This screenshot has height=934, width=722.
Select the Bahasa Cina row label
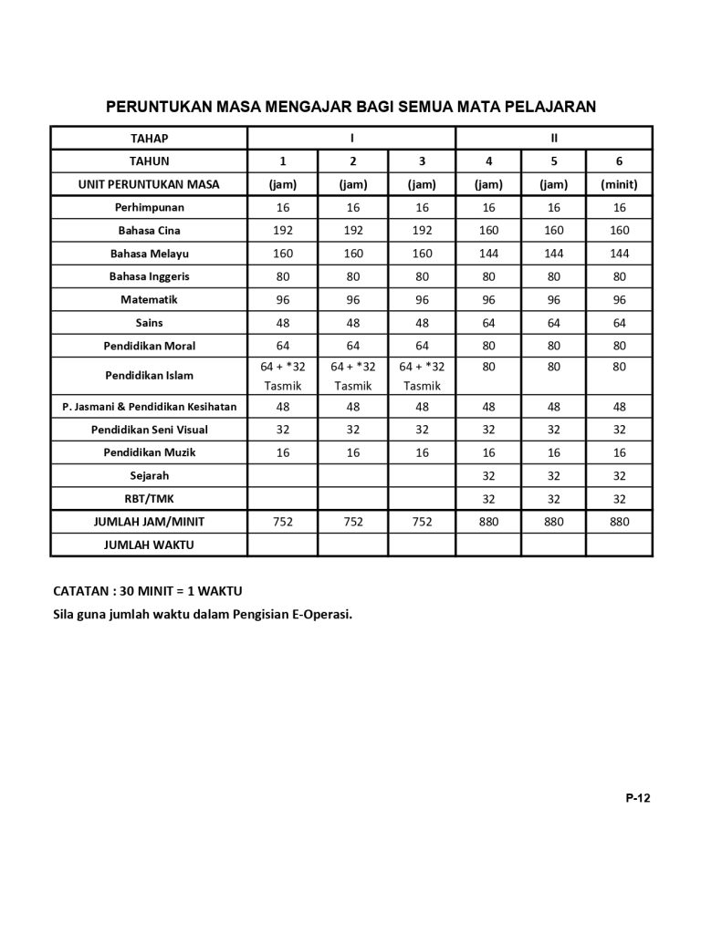pos(149,231)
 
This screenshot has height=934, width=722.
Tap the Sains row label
pos(149,323)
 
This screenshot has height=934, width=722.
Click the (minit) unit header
pos(620,184)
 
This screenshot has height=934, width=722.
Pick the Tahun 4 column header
pos(489,161)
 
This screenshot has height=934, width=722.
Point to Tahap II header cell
pos(554,139)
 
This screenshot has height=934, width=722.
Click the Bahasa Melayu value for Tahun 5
pos(554,254)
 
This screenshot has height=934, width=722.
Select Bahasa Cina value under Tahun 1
pos(283,231)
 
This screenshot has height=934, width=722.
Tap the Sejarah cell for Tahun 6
pos(620,475)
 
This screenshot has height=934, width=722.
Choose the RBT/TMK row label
pos(149,499)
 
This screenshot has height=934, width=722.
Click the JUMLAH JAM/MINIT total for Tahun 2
pos(353,522)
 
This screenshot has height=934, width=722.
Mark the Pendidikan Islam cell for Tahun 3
pos(422,376)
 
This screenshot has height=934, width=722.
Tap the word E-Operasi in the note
pos(319,614)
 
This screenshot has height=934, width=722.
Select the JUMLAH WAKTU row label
pos(149,545)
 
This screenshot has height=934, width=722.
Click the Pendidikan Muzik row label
pos(149,452)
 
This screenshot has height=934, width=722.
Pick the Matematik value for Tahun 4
pos(489,299)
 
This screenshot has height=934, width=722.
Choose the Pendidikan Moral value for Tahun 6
pos(620,346)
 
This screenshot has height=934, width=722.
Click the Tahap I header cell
pos(351,139)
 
